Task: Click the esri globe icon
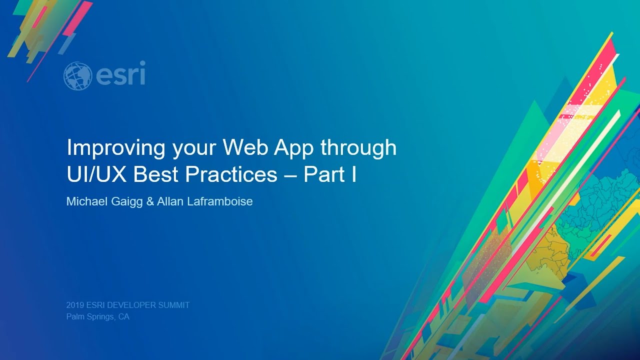[77, 76]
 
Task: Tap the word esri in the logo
[120, 74]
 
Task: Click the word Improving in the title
[115, 148]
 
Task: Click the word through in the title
[358, 148]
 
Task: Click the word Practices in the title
[230, 174]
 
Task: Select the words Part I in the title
[330, 174]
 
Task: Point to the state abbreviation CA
[124, 316]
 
